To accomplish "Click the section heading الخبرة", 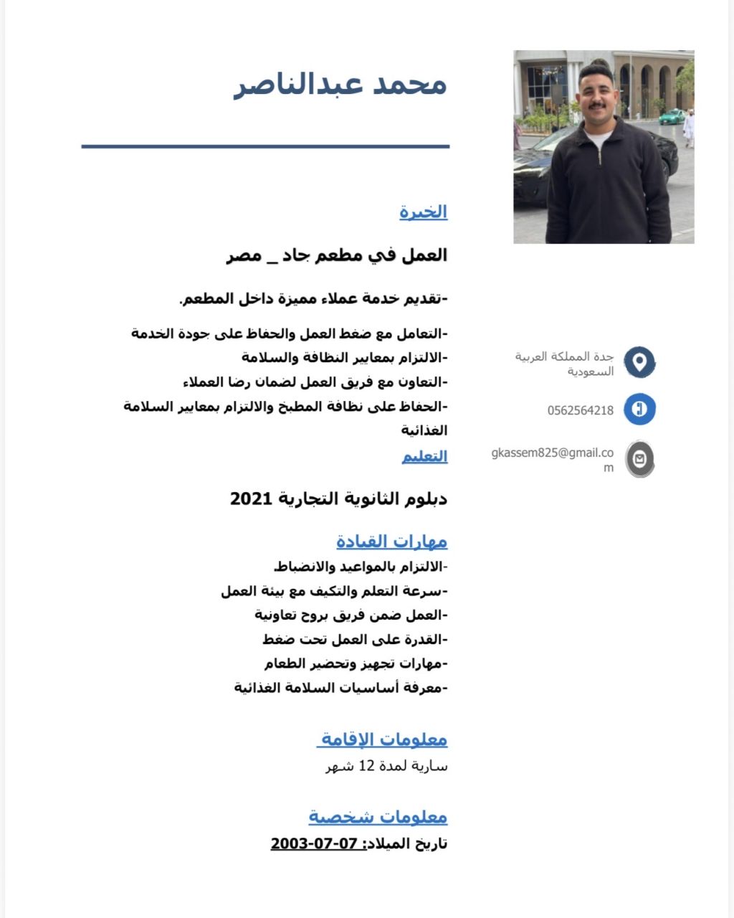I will pos(423,212).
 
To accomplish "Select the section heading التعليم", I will pos(424,456).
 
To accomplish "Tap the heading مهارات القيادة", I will pos(391,541).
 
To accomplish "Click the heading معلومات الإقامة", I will pos(383,739).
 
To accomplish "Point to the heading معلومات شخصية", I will pos(378,816).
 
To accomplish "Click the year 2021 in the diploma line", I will pos(251,498).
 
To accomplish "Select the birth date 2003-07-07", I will pos(314,843).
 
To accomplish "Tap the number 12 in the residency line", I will pos(367,766).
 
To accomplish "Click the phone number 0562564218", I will pos(580,411).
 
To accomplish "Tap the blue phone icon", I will pos(639,410).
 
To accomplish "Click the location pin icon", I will pos(639,361).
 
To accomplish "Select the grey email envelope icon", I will pos(639,459).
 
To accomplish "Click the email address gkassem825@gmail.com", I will pos(553,453).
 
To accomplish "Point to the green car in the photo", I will pos(672,116).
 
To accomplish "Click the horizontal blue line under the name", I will pos(265,146).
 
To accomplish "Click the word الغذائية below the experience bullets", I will pos(424,430).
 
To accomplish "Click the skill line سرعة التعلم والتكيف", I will pos(334,591).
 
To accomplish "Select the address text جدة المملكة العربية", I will pos(564,356).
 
